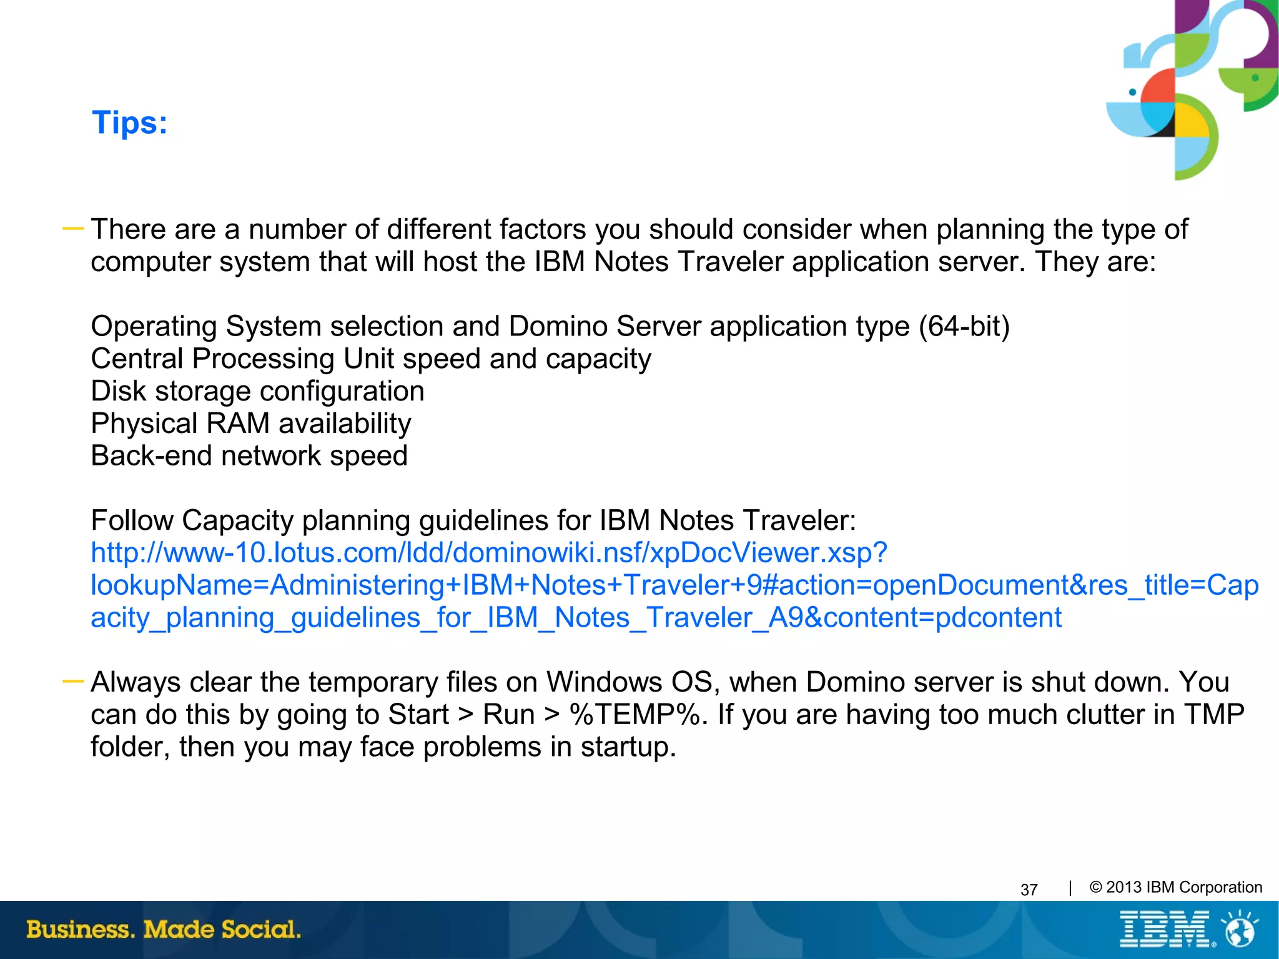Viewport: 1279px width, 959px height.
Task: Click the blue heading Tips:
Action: [x=130, y=122]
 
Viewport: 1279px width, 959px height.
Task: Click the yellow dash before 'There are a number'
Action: [x=73, y=229]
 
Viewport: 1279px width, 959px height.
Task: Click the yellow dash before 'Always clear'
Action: [x=73, y=682]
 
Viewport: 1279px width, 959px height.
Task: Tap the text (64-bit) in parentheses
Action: [x=964, y=327]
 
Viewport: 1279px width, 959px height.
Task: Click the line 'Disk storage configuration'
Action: [x=257, y=392]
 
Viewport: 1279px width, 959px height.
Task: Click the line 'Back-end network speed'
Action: [x=249, y=456]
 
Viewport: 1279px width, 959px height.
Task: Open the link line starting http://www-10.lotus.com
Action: [x=488, y=553]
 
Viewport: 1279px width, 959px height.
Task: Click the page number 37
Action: [x=1029, y=890]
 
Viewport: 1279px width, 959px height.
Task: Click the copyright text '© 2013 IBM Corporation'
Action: [x=1175, y=888]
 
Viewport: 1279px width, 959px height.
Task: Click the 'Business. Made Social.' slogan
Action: [x=164, y=930]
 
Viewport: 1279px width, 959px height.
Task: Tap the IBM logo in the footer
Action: [x=1165, y=930]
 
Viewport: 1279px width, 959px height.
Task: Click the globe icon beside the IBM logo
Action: [x=1239, y=930]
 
